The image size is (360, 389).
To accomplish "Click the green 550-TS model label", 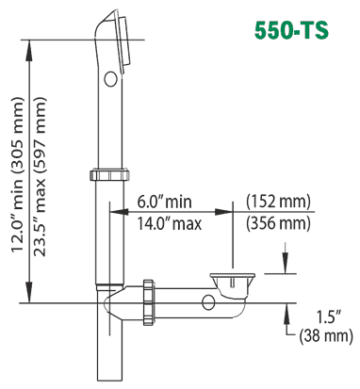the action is pos(291,30).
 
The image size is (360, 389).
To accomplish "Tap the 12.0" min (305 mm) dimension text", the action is pos(18,174).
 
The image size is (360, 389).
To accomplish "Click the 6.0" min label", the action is pos(164,201).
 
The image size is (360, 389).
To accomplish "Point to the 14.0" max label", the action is pos(169,223).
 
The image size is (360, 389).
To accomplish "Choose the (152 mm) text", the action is pos(278,202).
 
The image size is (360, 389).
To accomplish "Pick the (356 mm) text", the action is pos(278,223).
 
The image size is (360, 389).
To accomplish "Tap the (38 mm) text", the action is pos(326,335).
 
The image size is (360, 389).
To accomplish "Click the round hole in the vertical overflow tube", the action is pos(110,78).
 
